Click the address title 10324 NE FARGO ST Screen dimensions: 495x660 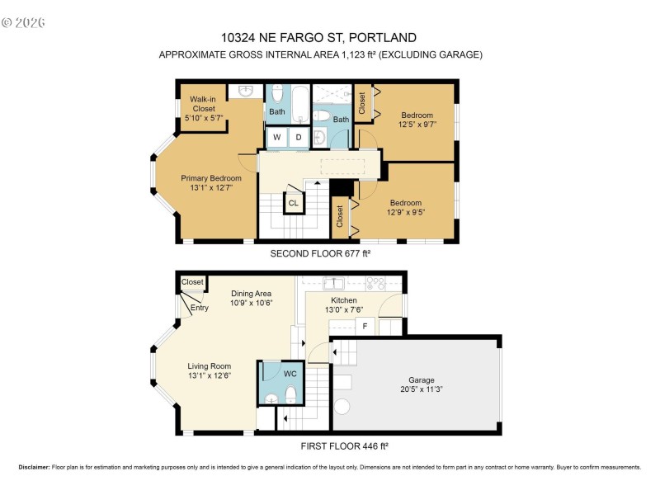point(318,37)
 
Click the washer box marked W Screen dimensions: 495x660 point(277,137)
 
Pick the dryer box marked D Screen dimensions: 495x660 point(299,137)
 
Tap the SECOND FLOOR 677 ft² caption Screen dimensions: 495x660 point(321,253)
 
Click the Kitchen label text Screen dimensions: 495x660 point(344,300)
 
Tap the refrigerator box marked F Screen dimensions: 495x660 point(365,327)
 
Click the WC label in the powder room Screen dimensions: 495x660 point(290,373)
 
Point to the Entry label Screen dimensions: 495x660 point(200,309)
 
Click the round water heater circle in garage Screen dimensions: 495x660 point(342,408)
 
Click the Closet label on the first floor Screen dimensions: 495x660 point(192,282)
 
